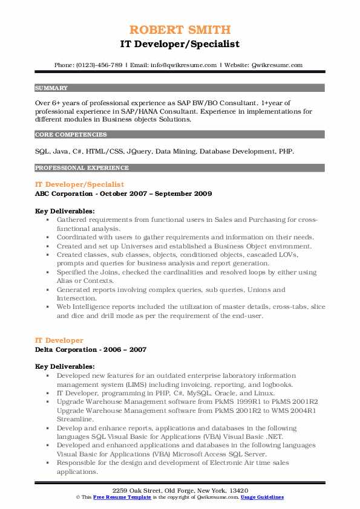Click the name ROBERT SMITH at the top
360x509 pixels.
180,30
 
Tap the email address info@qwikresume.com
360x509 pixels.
185,65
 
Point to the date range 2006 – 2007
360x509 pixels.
127,349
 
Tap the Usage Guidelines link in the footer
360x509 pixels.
262,497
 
